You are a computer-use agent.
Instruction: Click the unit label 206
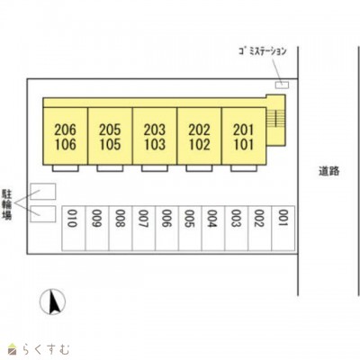click(65, 130)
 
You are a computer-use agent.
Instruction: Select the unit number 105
click(110, 144)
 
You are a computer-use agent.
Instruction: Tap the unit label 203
click(155, 130)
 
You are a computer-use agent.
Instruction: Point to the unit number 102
click(199, 144)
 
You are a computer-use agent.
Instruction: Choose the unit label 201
click(243, 130)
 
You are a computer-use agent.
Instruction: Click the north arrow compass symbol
click(53, 301)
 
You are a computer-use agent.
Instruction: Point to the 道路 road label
click(329, 171)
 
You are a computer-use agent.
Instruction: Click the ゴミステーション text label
click(263, 51)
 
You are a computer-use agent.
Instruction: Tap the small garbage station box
click(282, 85)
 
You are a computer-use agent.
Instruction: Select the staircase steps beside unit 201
click(275, 117)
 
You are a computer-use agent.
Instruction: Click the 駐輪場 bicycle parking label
click(7, 204)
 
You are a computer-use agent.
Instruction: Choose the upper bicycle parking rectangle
click(43, 192)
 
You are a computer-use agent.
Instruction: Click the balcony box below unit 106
click(66, 168)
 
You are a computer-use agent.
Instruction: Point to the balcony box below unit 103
click(155, 168)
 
